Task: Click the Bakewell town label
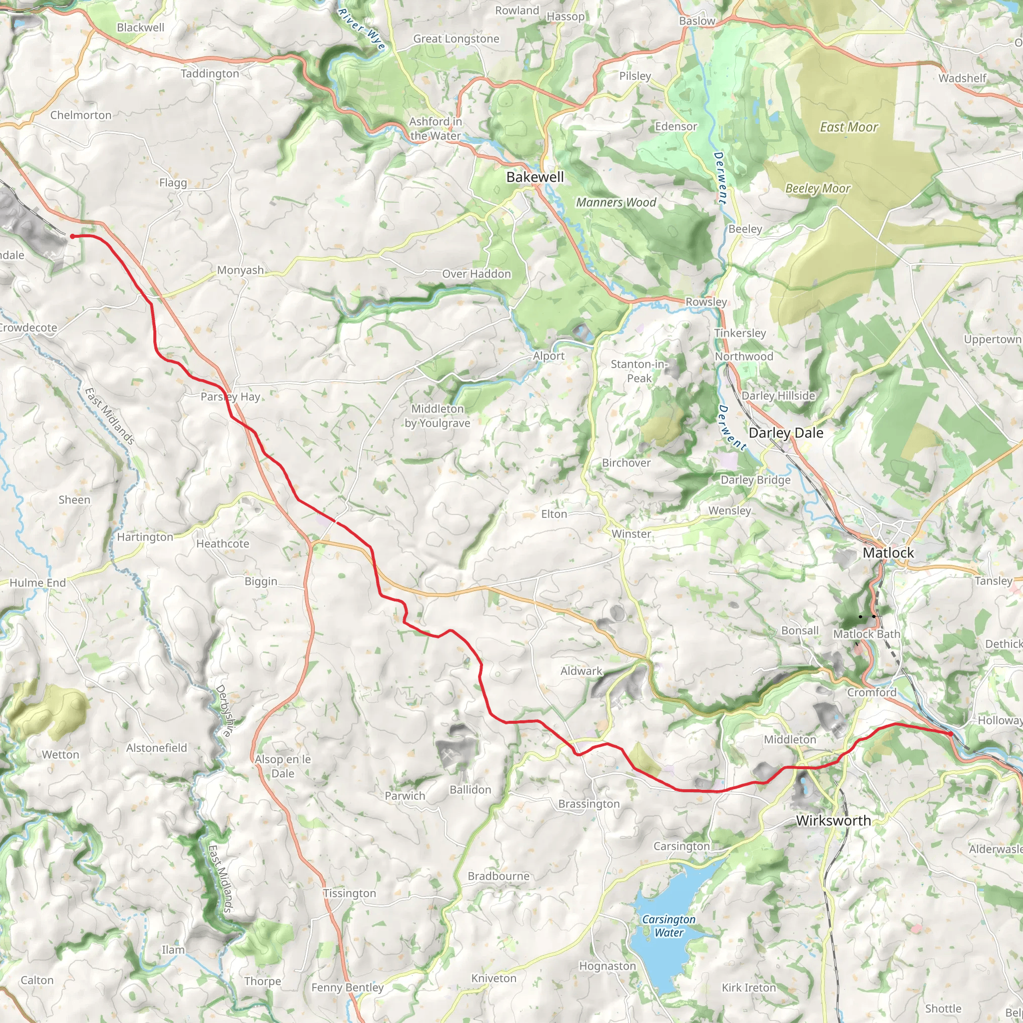(x=535, y=177)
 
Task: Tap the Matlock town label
(x=888, y=553)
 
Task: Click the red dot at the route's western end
(x=72, y=236)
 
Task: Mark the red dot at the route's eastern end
(x=951, y=734)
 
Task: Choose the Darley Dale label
(x=786, y=433)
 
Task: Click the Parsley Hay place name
(x=230, y=397)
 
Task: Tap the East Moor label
(x=849, y=127)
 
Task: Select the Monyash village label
(x=240, y=270)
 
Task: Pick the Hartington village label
(x=145, y=537)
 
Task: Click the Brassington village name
(x=589, y=804)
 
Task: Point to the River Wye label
(x=362, y=29)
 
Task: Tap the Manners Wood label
(x=616, y=202)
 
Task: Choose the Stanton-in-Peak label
(x=639, y=371)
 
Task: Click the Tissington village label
(x=350, y=893)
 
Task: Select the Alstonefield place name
(x=157, y=748)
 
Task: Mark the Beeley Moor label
(x=818, y=188)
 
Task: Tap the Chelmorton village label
(x=81, y=115)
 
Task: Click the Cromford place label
(x=872, y=693)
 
